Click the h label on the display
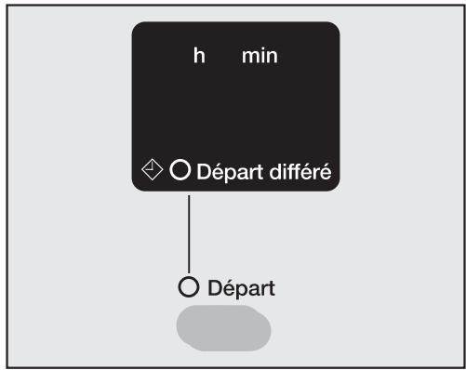199,57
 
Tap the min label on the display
260,57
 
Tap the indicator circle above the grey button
189,287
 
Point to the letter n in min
271,58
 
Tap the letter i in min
260,57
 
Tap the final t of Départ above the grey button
272,288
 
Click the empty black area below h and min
233,112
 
